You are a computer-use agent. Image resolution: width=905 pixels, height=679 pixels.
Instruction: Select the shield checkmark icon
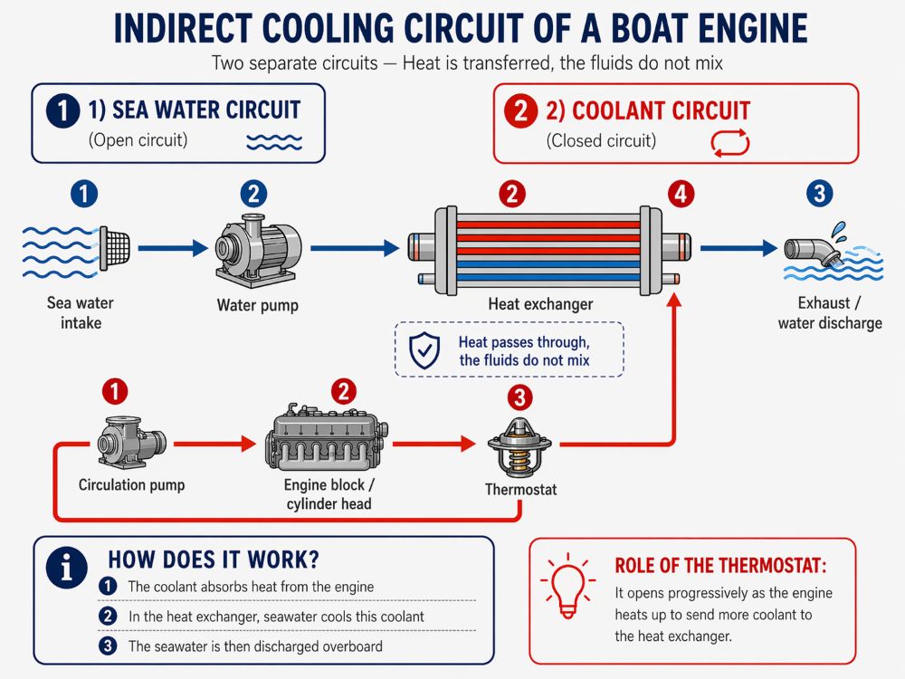click(x=424, y=350)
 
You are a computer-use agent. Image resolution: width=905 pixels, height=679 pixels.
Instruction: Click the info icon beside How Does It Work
click(x=67, y=568)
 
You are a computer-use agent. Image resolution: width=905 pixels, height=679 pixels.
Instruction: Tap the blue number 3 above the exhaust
click(x=819, y=193)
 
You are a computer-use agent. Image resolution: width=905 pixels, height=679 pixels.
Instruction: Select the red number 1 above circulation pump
click(x=115, y=391)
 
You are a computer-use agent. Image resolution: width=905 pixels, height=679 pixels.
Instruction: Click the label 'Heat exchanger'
click(x=540, y=304)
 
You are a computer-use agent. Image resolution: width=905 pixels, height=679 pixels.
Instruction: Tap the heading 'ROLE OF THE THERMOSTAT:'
click(x=720, y=566)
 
